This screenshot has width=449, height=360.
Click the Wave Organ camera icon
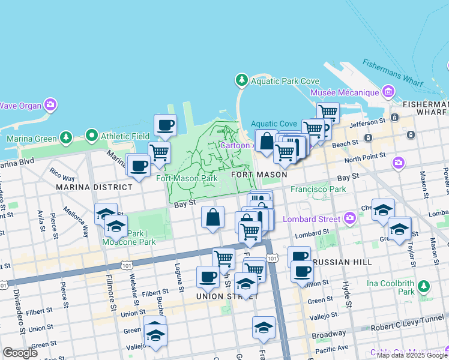tap(50, 105)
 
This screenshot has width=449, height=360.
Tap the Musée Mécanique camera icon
tap(388, 92)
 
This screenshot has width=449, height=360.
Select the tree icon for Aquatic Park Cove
tap(241, 80)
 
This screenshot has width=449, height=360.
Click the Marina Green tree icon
tap(65, 139)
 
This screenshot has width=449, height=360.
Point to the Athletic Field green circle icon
tap(91, 135)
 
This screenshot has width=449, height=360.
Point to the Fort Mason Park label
tap(187, 178)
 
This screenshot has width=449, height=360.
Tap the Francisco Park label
tap(318, 188)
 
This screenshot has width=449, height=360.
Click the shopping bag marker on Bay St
tap(212, 218)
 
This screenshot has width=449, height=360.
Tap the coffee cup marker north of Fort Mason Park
tap(165, 125)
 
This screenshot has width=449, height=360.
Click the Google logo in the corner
tap(20, 352)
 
